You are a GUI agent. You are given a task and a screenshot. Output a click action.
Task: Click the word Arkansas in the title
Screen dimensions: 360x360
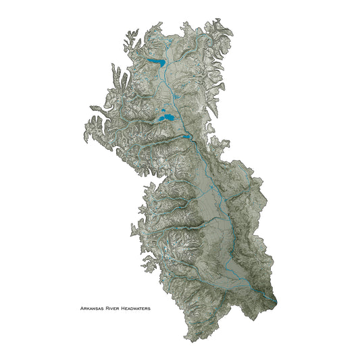click(x=91, y=308)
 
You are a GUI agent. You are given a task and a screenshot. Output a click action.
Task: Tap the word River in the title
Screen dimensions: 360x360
click(x=113, y=308)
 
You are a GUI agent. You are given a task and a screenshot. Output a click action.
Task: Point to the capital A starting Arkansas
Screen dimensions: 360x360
click(x=81, y=308)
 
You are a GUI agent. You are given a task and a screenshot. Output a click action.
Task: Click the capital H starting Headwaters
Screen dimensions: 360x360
click(x=123, y=308)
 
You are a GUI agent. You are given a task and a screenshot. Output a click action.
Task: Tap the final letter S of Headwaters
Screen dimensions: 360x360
click(x=150, y=308)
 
